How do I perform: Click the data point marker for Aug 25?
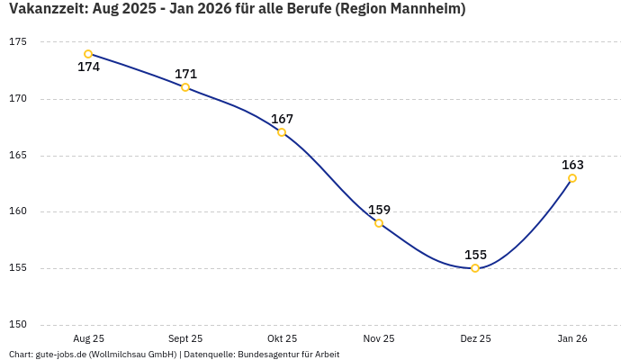(88, 54)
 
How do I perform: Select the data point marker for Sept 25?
(185, 87)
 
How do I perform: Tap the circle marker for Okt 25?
(282, 132)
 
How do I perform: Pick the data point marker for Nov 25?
(379, 223)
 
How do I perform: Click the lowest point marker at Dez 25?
(475, 268)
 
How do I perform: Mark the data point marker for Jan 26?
(572, 178)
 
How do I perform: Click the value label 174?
(88, 67)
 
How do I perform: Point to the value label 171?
(185, 74)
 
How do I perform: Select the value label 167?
(282, 119)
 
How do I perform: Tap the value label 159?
(379, 210)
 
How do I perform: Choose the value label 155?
(475, 255)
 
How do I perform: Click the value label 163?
(572, 165)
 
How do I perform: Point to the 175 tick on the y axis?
(18, 42)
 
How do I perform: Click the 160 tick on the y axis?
(18, 211)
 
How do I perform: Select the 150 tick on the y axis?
(18, 325)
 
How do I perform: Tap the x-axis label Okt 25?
(282, 339)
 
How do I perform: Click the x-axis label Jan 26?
(572, 339)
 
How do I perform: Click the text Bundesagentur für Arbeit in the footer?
(288, 355)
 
